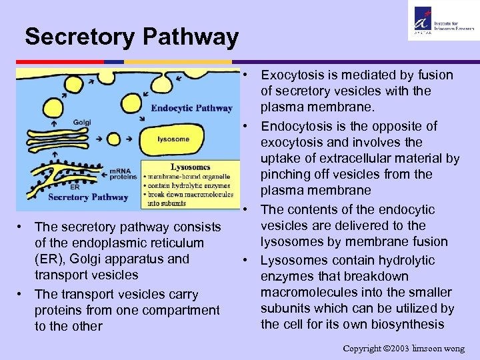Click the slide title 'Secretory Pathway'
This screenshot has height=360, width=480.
pyautogui.click(x=131, y=37)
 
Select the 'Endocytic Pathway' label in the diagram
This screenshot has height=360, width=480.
pyautogui.click(x=191, y=108)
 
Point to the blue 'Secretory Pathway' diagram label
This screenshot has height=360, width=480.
pyautogui.click(x=88, y=197)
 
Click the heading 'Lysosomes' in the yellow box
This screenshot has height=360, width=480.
pyautogui.click(x=190, y=167)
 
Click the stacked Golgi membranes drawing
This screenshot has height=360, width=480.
pyautogui.click(x=57, y=139)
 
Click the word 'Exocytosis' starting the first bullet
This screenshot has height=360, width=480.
pyautogui.click(x=291, y=75)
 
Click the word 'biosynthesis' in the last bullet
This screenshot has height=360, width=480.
pyautogui.click(x=409, y=324)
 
